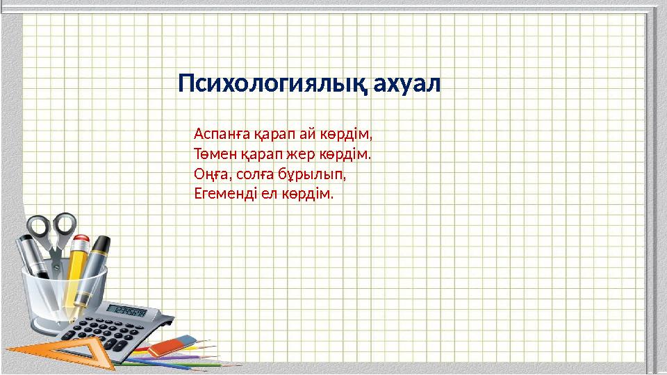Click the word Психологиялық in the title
(x=273, y=84)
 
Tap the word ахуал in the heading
(x=407, y=84)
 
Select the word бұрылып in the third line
(x=312, y=174)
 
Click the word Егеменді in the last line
(x=225, y=194)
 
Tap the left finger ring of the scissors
(x=38, y=228)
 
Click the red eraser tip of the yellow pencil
(x=81, y=242)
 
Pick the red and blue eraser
(x=172, y=346)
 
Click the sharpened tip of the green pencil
(x=231, y=365)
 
